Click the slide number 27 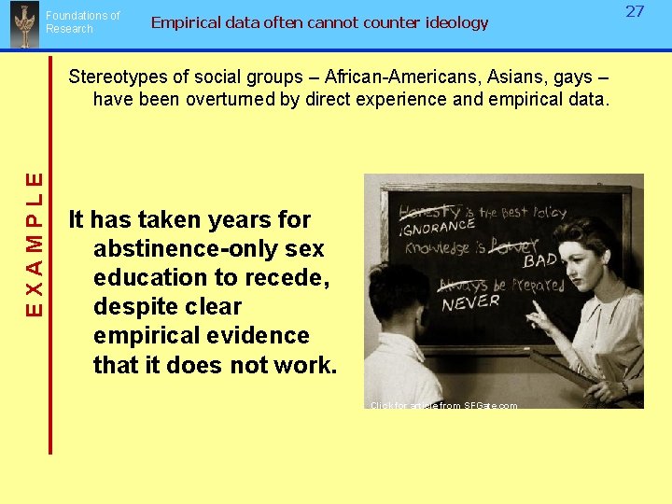coord(635,11)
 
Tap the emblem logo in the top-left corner coord(22,25)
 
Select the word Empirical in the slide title coord(185,22)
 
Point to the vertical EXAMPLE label coord(34,243)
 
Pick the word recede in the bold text coord(289,278)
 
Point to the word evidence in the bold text coord(263,336)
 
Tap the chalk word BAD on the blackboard coord(540,259)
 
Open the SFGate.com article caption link coord(443,405)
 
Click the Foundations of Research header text coord(82,22)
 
